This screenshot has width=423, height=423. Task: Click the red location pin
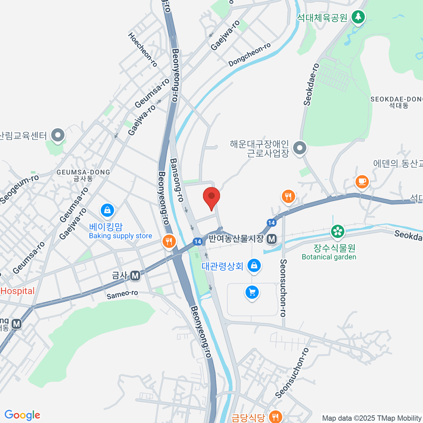point(211,197)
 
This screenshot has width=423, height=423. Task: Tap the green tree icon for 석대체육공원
point(358,17)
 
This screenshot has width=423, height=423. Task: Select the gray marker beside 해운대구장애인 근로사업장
point(300,148)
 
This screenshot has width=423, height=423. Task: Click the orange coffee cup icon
point(362,182)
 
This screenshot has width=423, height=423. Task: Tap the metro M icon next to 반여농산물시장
point(271,239)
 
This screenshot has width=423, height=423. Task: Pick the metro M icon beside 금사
point(135,275)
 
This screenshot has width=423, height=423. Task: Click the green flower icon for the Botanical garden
point(337,231)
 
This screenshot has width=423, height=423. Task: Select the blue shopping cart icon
point(252,292)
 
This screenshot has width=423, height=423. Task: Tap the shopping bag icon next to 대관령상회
point(254,265)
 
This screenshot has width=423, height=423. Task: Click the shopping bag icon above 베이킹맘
point(107,210)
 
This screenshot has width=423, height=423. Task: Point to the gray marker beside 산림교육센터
point(58,135)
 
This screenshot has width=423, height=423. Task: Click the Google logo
point(22,415)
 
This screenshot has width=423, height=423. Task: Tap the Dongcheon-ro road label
point(250,55)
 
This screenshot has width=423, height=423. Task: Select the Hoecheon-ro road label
point(142,50)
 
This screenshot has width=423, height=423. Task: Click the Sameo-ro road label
point(122,294)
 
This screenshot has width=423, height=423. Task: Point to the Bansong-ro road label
point(177,180)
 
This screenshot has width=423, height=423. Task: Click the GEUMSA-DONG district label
point(83,172)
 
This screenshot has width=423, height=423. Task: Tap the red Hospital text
point(18,291)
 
